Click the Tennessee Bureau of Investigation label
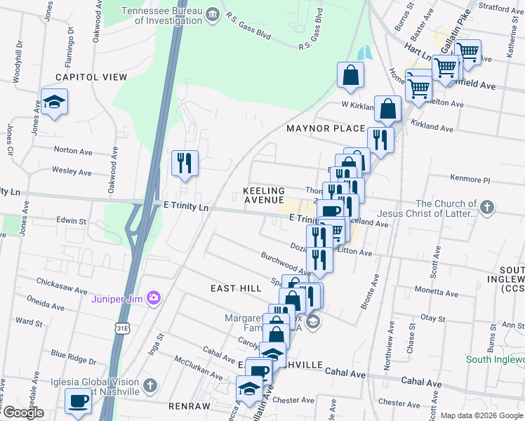(163, 15)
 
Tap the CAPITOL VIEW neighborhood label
(90, 76)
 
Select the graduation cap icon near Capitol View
(54, 102)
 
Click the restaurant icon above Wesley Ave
(185, 163)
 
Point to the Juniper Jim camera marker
(154, 298)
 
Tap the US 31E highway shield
(123, 328)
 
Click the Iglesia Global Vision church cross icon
(149, 385)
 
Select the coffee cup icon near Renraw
(78, 401)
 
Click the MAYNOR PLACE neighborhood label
(326, 128)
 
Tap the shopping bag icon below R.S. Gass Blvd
(350, 75)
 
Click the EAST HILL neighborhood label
(234, 288)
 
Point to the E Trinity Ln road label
(186, 207)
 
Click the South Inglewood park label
(495, 360)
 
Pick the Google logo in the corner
(22, 413)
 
